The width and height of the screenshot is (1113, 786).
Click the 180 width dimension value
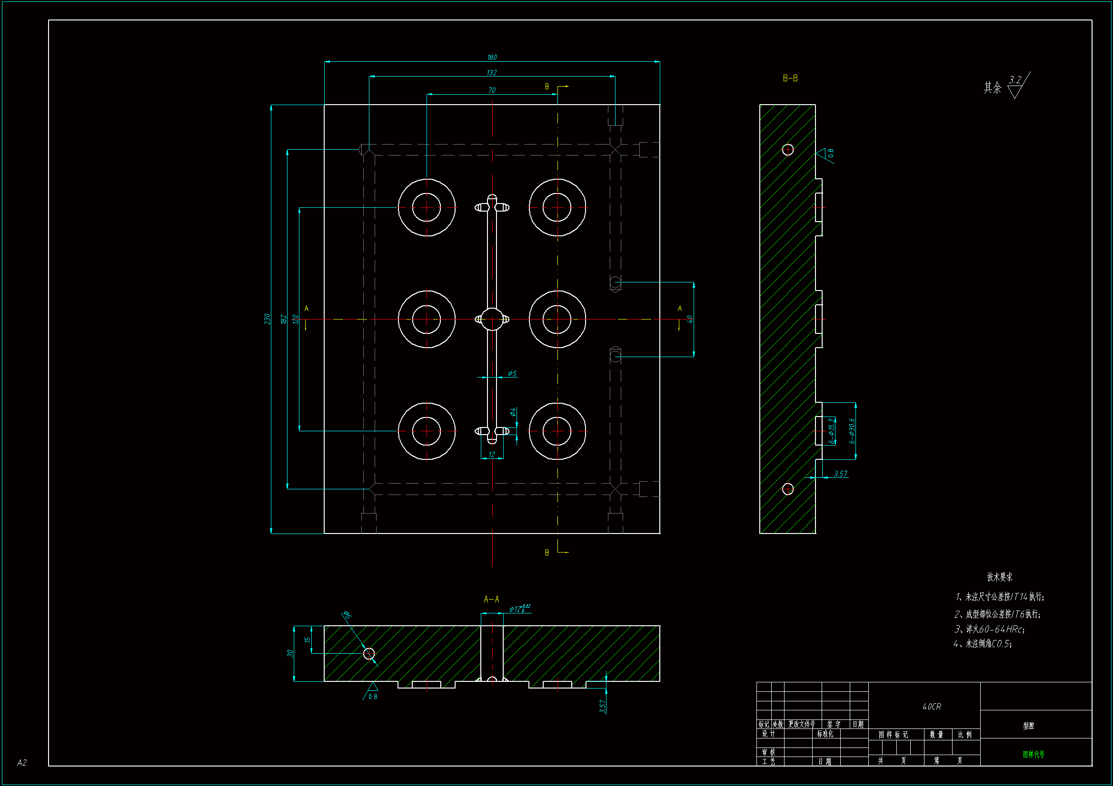point(492,58)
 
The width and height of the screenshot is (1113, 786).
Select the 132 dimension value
point(492,73)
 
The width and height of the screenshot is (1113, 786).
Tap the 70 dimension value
point(492,90)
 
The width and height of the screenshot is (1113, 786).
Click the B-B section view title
point(790,78)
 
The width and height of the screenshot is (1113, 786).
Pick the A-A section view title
point(491,600)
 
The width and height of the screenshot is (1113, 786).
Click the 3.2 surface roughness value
point(1015,80)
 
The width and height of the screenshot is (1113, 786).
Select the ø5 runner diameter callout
point(512,374)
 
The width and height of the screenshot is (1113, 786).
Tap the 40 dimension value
point(690,319)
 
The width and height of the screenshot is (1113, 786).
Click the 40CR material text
point(931,707)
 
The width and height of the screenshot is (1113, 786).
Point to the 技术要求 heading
point(1000,577)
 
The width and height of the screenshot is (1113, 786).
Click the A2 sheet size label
point(22,763)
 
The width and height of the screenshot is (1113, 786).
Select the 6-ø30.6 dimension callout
point(852,431)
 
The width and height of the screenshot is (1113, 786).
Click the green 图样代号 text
point(1033,755)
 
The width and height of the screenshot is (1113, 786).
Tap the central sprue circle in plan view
point(492,320)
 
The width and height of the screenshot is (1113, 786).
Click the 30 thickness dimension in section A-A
point(290,653)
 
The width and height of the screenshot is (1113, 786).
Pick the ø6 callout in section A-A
point(347,615)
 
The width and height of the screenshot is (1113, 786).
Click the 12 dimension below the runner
point(492,455)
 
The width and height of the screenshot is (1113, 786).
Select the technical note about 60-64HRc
point(989,629)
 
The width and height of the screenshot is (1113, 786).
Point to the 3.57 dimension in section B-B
point(841,474)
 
